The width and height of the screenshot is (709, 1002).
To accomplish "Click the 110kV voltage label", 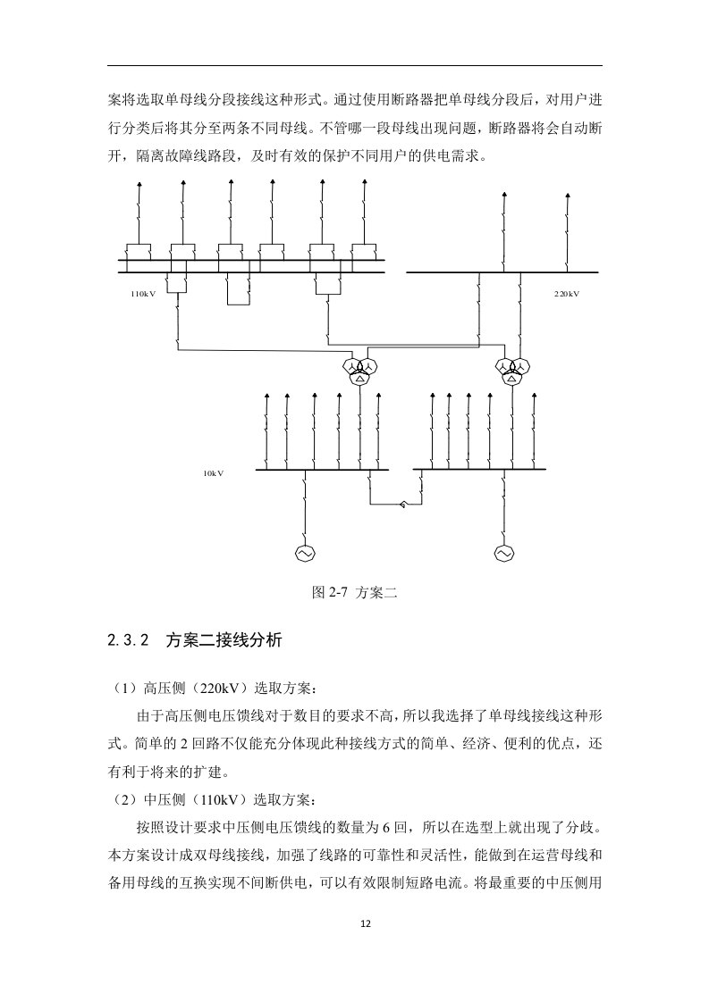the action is click(143, 294).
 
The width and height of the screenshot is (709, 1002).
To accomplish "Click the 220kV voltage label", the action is click(566, 294).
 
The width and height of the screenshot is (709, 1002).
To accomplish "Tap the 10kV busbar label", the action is click(213, 473).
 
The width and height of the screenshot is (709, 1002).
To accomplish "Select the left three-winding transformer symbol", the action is click(360, 371).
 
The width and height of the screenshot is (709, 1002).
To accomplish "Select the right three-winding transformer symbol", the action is click(512, 371).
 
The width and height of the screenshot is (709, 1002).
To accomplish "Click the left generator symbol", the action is click(305, 553).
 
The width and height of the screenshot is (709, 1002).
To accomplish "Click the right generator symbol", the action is click(504, 553).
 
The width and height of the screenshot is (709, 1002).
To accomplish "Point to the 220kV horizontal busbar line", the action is click(502, 272).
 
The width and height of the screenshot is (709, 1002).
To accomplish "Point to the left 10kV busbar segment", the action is click(323, 470).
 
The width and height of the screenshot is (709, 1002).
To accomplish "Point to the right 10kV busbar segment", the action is click(480, 470).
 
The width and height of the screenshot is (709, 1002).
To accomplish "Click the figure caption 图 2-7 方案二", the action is click(354, 592).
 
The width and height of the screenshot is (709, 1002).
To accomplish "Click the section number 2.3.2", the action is click(128, 640).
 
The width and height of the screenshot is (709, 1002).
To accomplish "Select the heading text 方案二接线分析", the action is click(224, 640).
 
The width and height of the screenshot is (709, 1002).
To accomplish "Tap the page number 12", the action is click(366, 923).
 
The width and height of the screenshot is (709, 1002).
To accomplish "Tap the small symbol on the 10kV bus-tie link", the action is click(401, 505).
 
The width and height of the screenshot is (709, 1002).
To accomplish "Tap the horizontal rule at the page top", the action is click(354, 65).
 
